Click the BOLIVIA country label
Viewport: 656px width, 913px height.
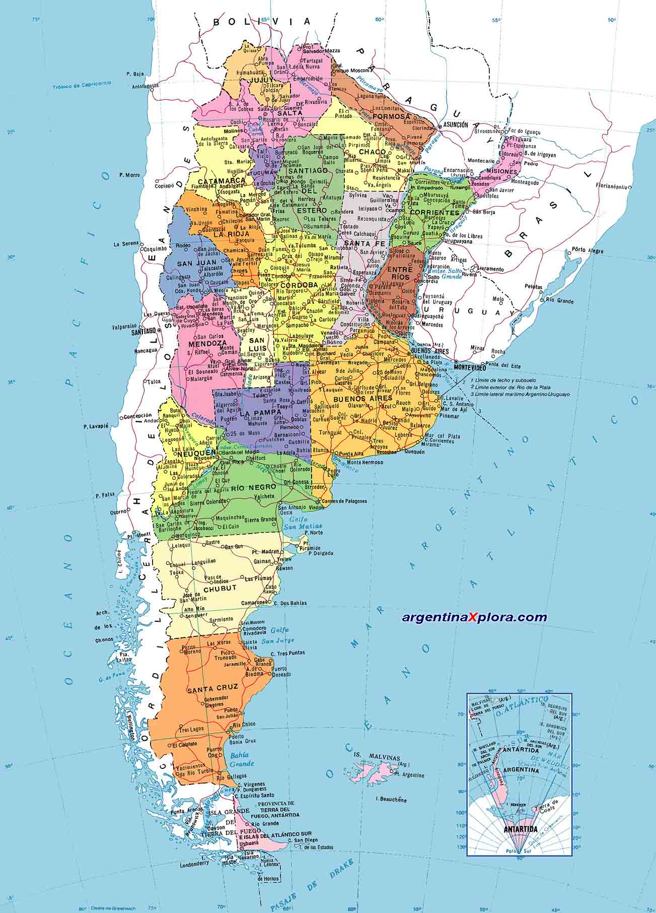pos(262,22)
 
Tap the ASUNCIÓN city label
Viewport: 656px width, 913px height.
pos(455,124)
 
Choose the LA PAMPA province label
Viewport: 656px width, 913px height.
pos(260,413)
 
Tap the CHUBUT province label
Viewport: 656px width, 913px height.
pos(220,588)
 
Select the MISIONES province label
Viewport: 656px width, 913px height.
pos(502,172)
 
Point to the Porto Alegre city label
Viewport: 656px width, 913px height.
pos(586,249)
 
